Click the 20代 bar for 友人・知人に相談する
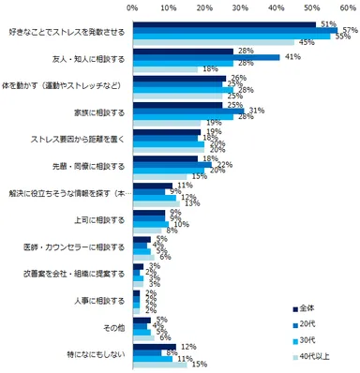[x=206, y=57]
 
